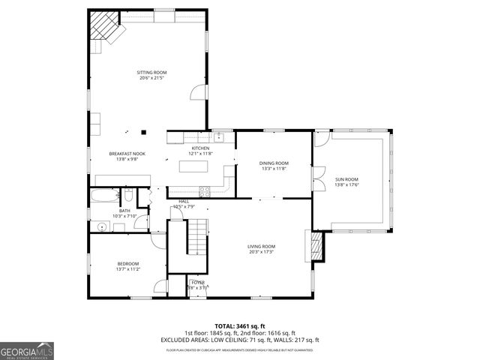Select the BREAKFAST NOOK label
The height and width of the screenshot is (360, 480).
[127, 154]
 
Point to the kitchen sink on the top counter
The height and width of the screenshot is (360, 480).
[220, 137]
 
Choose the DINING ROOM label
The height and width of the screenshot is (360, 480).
[274, 163]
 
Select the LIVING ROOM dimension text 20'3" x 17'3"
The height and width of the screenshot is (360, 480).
[262, 251]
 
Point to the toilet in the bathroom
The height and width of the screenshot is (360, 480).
[128, 196]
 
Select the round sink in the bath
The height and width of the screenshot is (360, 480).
[100, 224]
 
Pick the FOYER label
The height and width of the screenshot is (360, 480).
[197, 283]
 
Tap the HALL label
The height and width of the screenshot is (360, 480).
[183, 201]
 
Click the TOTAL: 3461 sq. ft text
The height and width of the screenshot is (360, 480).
[240, 326]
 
